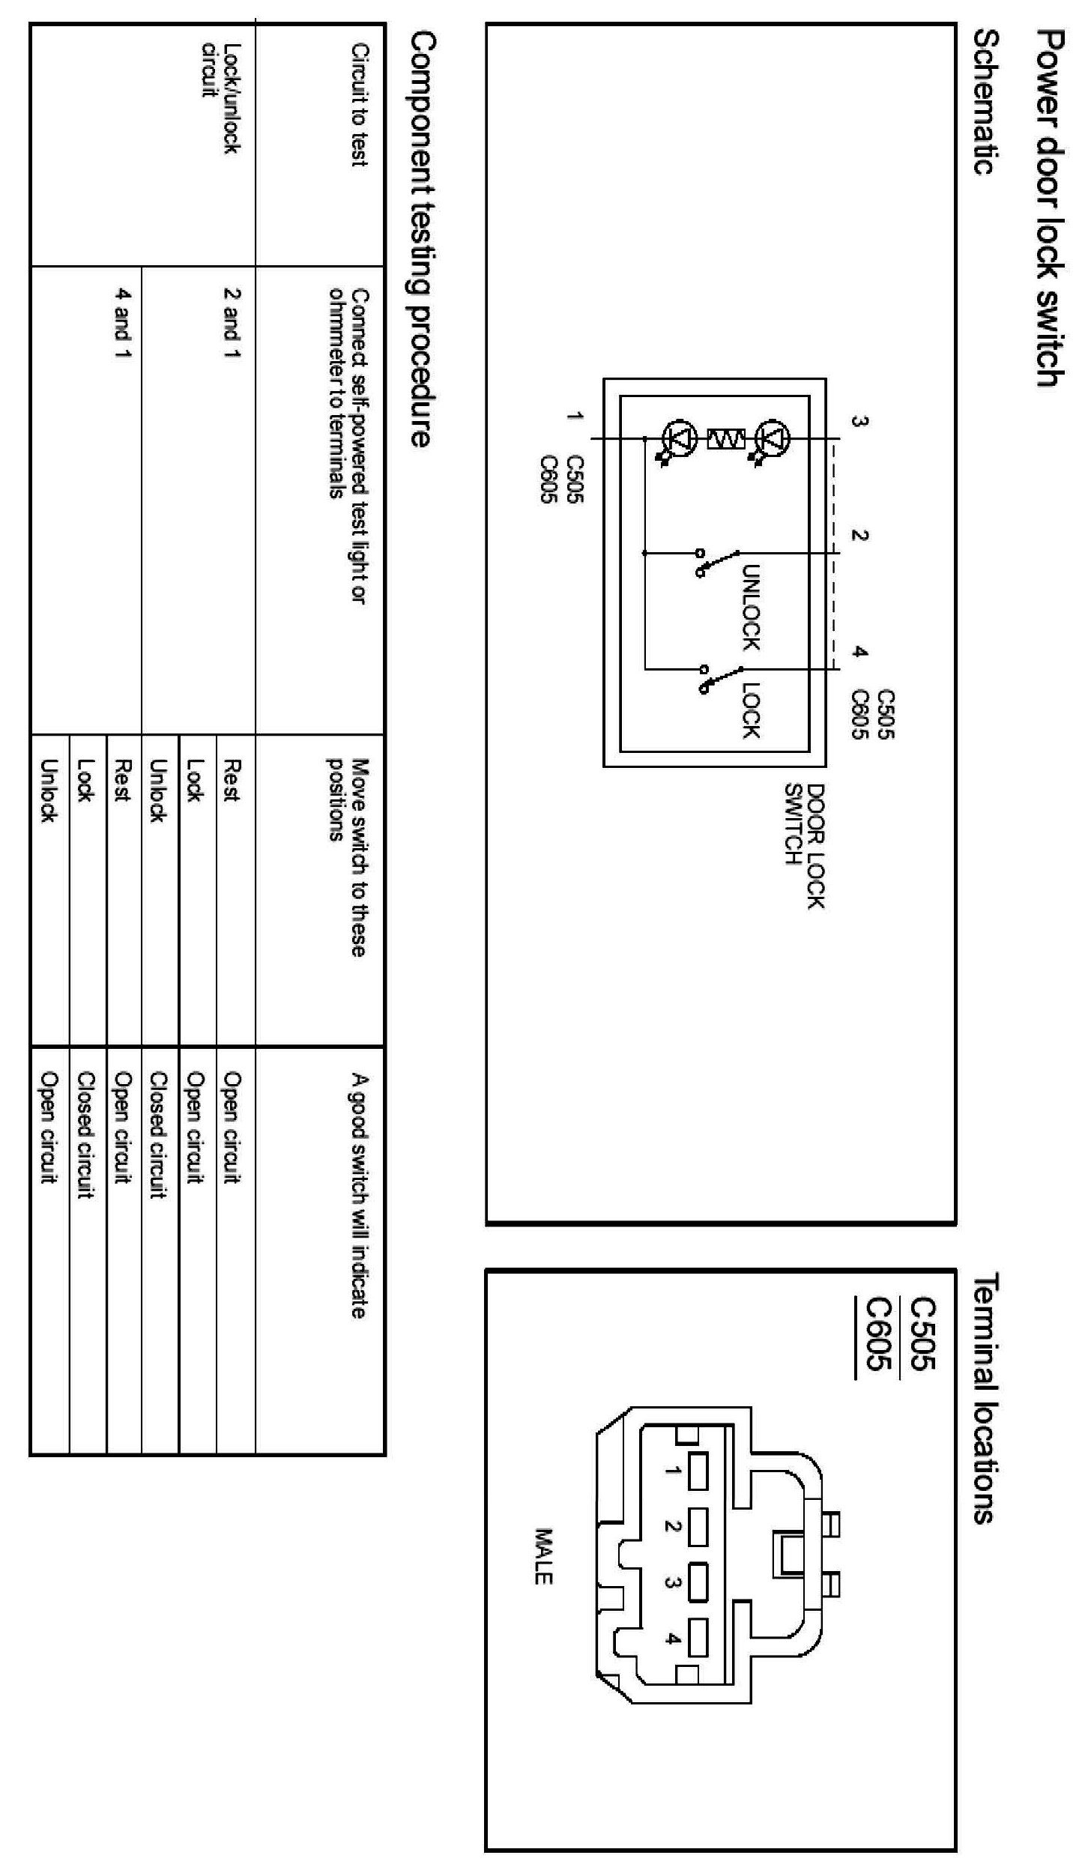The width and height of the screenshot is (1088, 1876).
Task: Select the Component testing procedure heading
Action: pyautogui.click(x=422, y=239)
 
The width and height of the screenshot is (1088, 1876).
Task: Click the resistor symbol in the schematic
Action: pyautogui.click(x=725, y=438)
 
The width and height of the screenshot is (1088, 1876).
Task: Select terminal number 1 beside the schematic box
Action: pyautogui.click(x=575, y=417)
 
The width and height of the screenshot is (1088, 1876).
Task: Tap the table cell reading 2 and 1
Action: pyautogui.click(x=232, y=324)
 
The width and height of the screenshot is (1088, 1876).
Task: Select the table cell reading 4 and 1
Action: pyautogui.click(x=123, y=324)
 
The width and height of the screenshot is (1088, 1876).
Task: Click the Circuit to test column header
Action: pyautogui.click(x=360, y=105)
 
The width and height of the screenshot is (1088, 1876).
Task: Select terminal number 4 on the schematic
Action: pyautogui.click(x=859, y=652)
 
